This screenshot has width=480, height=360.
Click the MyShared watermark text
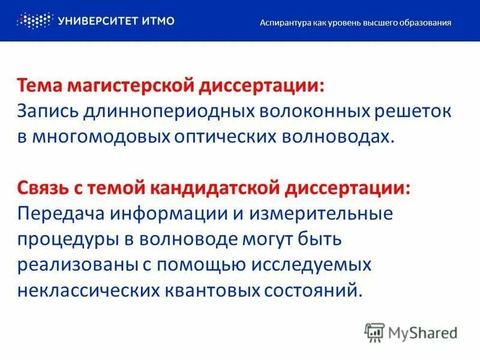[x=422, y=332]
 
